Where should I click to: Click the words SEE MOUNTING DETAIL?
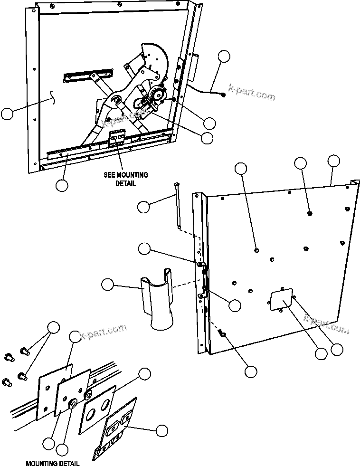point(125,179)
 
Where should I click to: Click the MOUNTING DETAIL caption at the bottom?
point(52,463)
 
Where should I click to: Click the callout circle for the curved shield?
point(108,285)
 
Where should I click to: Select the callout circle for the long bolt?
point(144,207)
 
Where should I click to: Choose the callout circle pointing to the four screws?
point(54,327)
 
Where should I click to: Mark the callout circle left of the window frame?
point(8,114)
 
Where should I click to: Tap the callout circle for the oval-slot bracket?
point(162,430)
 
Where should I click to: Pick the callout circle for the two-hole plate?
point(145,374)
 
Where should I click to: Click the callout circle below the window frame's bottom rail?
point(62,185)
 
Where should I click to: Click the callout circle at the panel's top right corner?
point(334,161)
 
